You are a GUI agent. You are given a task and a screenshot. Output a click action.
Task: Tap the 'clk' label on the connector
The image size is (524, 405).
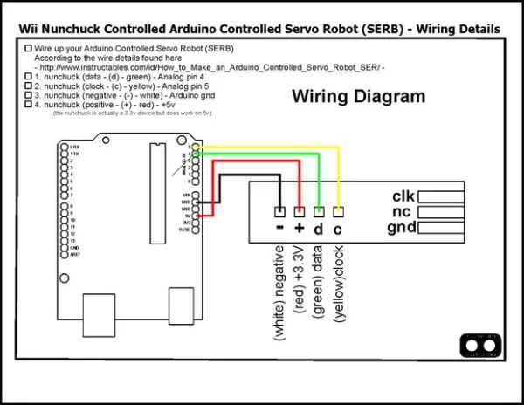[404, 196]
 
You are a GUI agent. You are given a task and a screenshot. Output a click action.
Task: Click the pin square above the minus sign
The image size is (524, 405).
[279, 212]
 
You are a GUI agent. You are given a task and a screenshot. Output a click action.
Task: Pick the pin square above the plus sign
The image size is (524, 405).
[300, 212]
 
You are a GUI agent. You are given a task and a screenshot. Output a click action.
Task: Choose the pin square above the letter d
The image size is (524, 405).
[319, 212]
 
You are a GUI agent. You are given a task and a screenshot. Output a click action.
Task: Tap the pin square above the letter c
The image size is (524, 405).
[338, 212]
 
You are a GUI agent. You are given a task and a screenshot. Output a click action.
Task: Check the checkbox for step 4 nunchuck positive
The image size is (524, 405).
[29, 105]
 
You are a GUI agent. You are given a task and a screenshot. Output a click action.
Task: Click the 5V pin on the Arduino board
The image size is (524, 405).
[199, 215]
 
